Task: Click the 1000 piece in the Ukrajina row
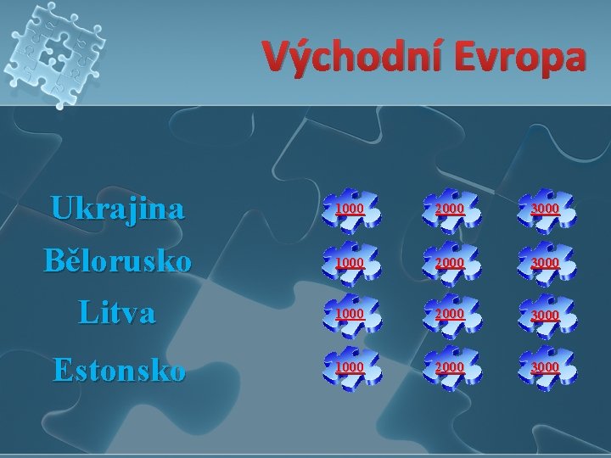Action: point(350,209)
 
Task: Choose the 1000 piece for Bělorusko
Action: point(350,263)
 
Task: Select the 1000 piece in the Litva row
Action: point(350,315)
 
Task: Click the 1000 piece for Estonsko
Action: point(350,366)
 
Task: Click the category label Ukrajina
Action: point(117,209)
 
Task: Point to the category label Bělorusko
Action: point(117,261)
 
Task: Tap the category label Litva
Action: point(117,314)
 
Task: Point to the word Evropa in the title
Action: point(516,58)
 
